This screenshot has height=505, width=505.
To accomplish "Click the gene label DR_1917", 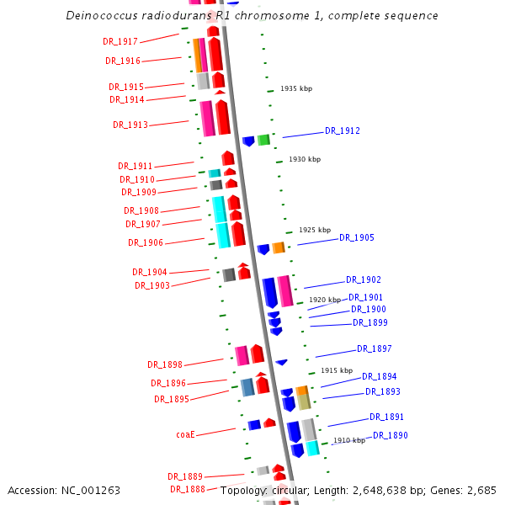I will [x=120, y=40].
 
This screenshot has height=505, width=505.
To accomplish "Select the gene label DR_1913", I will [x=130, y=125].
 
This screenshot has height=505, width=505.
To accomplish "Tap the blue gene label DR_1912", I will [x=343, y=130].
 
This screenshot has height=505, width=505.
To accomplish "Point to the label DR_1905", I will [x=357, y=237].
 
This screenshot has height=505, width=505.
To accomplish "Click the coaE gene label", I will [x=185, y=434].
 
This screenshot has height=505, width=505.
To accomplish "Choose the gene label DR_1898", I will [x=165, y=364].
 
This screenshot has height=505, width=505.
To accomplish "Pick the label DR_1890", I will [x=391, y=435].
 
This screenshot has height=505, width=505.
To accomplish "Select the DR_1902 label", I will [x=364, y=279].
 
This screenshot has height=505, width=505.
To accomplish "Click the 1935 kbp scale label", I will [x=297, y=88].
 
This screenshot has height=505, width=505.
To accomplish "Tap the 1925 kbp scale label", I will [x=315, y=230].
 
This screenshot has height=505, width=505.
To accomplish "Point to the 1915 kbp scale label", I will [x=337, y=370].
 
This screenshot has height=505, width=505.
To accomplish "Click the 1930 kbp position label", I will [x=305, y=159].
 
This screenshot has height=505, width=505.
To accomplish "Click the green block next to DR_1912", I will [x=263, y=140].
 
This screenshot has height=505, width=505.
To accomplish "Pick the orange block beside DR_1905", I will [x=278, y=247].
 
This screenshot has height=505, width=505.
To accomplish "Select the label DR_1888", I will [x=188, y=489].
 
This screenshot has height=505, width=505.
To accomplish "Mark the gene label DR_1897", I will [x=375, y=348].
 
